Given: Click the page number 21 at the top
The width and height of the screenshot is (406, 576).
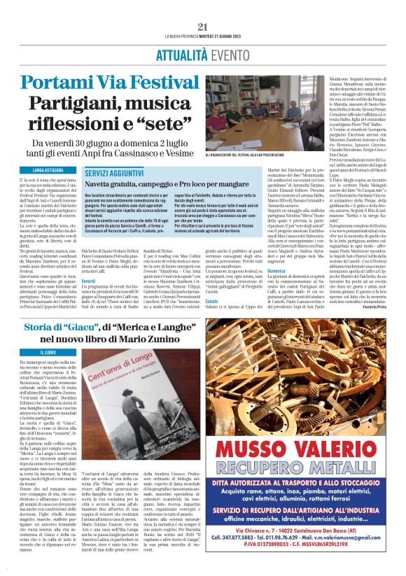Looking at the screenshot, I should coord(203,27).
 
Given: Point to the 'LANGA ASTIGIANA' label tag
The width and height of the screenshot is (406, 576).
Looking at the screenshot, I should coord(37,170).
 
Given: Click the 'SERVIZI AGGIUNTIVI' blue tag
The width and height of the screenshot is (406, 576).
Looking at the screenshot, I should coord(113,171).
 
